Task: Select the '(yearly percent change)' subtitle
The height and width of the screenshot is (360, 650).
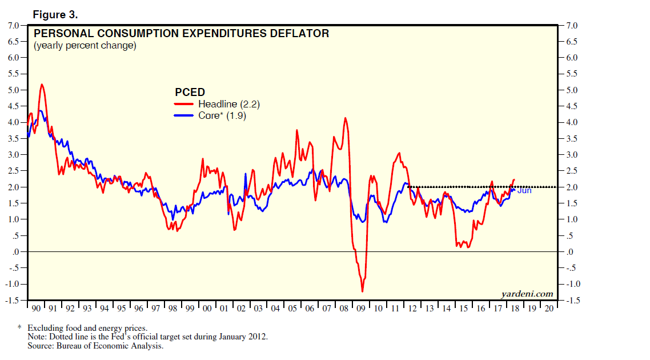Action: (x=85, y=46)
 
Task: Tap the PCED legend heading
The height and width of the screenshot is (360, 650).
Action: (x=190, y=92)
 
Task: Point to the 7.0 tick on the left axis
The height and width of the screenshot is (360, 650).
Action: (x=13, y=25)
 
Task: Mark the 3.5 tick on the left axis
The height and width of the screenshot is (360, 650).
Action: (x=13, y=138)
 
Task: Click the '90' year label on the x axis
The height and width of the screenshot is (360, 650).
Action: (x=36, y=309)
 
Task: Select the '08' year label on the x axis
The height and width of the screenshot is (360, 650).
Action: (x=343, y=309)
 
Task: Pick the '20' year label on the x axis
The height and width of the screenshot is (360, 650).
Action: (x=548, y=309)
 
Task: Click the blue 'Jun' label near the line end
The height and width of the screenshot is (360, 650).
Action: (x=524, y=190)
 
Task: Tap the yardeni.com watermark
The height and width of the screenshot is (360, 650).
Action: (x=527, y=294)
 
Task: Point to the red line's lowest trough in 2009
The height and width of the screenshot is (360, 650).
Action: (x=362, y=291)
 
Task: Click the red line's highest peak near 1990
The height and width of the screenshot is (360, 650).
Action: (x=42, y=85)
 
